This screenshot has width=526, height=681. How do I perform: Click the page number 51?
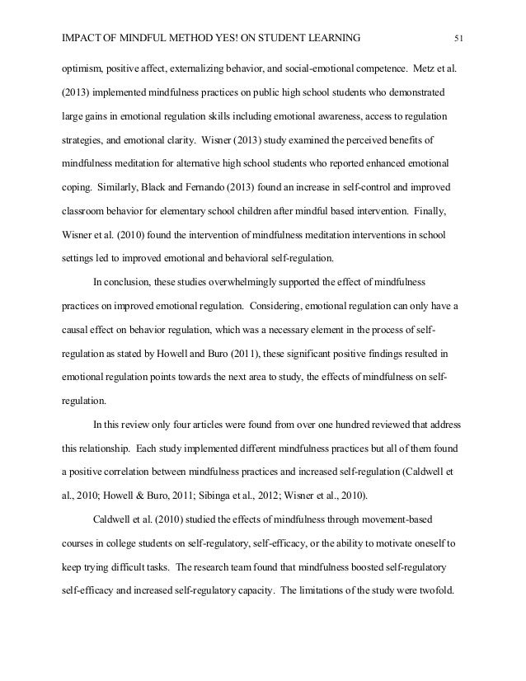click(x=460, y=37)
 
